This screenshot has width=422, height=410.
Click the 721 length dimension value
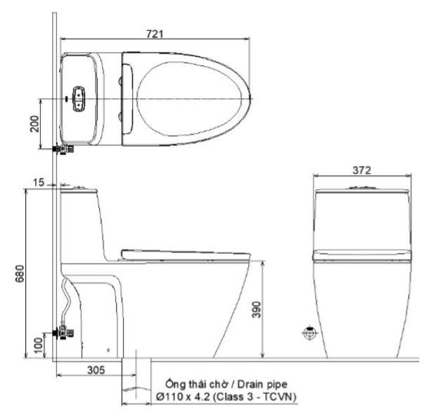click(x=156, y=33)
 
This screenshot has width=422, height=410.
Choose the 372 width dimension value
click(x=362, y=169)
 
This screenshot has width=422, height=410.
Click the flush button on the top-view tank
click(x=78, y=99)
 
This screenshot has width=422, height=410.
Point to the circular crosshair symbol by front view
click(x=307, y=332)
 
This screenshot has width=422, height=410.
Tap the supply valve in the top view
click(x=63, y=148)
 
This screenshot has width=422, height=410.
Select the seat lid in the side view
click(x=186, y=251)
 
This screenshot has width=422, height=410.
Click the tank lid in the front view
click(x=362, y=191)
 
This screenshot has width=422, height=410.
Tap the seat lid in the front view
click(x=362, y=254)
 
